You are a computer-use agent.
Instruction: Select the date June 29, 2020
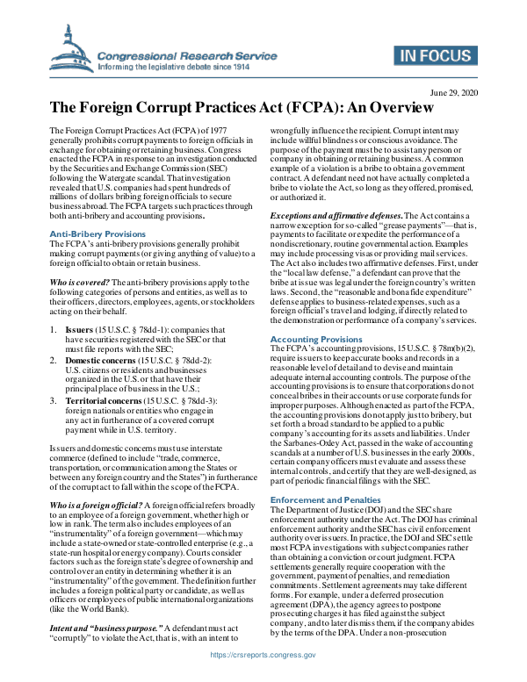pyautogui.click(x=454, y=92)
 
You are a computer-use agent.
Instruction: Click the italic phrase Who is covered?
pyautogui.click(x=83, y=280)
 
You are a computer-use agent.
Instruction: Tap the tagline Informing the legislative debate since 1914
pyautogui.click(x=179, y=66)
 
